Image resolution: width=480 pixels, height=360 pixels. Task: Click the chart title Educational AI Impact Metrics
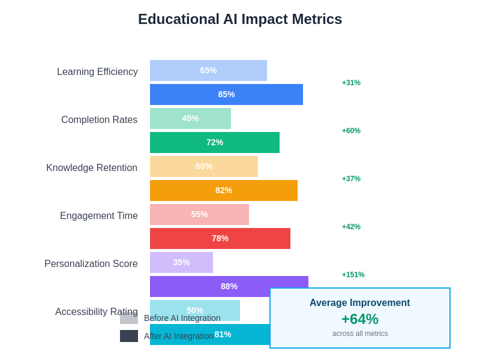pyautogui.click(x=240, y=19)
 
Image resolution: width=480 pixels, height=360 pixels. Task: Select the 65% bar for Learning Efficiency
pyautogui.click(x=208, y=70)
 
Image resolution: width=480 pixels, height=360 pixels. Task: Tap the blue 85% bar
pyautogui.click(x=226, y=94)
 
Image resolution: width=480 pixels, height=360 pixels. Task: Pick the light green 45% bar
pyautogui.click(x=190, y=118)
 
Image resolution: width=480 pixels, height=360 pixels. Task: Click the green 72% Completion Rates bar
pyautogui.click(x=214, y=142)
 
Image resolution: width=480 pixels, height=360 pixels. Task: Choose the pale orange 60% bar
pyautogui.click(x=204, y=166)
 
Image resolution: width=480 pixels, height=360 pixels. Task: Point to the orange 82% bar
pyautogui.click(x=223, y=190)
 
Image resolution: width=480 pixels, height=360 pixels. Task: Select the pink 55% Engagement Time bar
pyautogui.click(x=199, y=214)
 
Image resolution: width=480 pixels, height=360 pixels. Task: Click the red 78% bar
pyautogui.click(x=220, y=238)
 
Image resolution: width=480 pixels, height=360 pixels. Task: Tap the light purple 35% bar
pyautogui.click(x=181, y=262)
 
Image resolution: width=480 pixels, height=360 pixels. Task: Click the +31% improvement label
pyautogui.click(x=351, y=83)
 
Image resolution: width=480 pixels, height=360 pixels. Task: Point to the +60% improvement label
pyautogui.click(x=351, y=131)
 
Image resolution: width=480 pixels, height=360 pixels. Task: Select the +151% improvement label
pyautogui.click(x=353, y=275)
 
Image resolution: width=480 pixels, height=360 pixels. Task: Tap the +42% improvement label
pyautogui.click(x=351, y=227)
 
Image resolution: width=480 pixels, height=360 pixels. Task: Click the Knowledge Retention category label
pyautogui.click(x=92, y=168)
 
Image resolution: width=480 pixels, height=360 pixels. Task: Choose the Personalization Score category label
pyautogui.click(x=91, y=264)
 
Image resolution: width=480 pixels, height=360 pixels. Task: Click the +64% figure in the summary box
pyautogui.click(x=360, y=319)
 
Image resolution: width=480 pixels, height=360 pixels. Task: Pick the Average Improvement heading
pyautogui.click(x=360, y=303)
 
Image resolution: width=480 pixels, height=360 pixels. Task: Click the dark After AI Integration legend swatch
pyautogui.click(x=129, y=336)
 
